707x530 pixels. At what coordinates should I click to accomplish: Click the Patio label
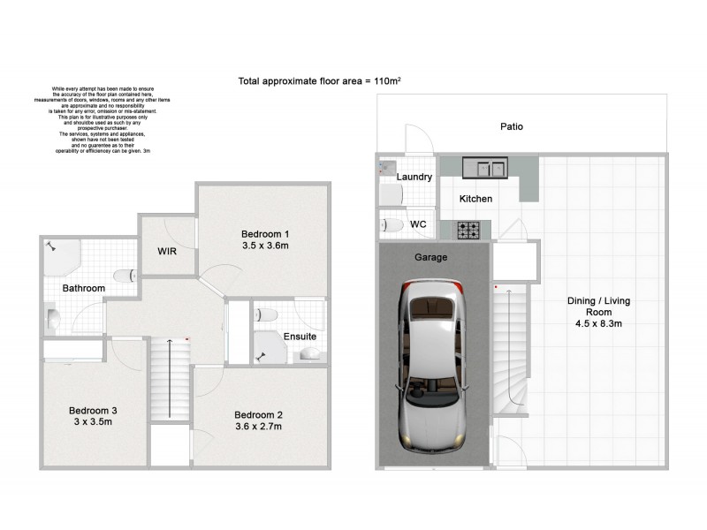pyautogui.click(x=512, y=126)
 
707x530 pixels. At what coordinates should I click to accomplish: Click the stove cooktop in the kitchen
pyautogui.click(x=467, y=231)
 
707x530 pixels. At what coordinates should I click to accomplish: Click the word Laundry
pyautogui.click(x=414, y=178)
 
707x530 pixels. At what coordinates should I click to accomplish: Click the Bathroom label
pyautogui.click(x=84, y=289)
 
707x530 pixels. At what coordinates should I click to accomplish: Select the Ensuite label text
pyautogui.click(x=300, y=337)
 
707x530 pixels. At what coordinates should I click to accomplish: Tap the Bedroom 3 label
pyautogui.click(x=93, y=410)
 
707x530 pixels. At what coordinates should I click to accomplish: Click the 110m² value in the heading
pyautogui.click(x=385, y=81)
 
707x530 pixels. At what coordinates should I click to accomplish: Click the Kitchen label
pyautogui.click(x=475, y=200)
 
